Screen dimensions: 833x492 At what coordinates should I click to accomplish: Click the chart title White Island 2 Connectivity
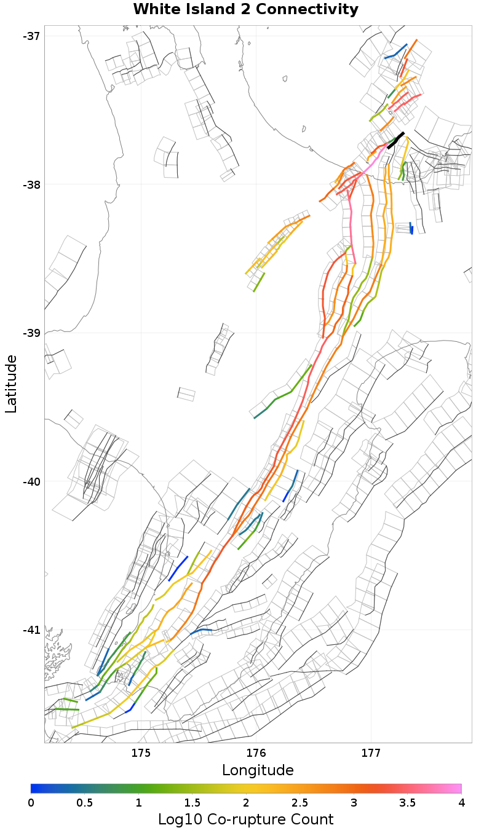245,9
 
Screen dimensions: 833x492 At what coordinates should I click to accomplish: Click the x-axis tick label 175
141,753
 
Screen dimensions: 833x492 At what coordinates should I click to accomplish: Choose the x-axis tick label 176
256,753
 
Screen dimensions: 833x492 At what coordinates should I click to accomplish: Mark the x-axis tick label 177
371,753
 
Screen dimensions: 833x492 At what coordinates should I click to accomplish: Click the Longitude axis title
258,770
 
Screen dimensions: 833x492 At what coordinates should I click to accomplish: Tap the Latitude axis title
11,383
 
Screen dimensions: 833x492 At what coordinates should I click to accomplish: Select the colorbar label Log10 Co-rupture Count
245,819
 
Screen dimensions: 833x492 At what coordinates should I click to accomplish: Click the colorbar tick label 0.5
85,803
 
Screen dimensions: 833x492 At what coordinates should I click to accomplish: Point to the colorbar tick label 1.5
192,803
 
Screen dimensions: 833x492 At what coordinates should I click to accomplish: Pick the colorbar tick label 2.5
300,803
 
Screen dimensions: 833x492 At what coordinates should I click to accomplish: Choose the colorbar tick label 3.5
408,803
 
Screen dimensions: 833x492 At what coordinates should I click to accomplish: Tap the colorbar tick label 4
461,803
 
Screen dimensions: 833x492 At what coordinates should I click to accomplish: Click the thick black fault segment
395,140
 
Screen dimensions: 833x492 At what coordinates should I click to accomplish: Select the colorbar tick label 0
31,803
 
